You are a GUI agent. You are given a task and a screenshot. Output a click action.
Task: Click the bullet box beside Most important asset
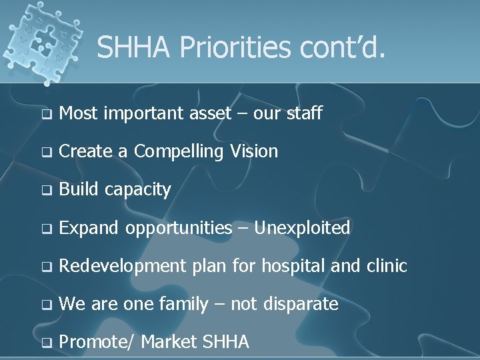point(45,115)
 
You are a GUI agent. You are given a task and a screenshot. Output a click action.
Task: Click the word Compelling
point(179,152)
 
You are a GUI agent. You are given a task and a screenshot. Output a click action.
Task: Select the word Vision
point(253,151)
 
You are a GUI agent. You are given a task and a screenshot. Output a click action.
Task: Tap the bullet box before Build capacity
point(45,191)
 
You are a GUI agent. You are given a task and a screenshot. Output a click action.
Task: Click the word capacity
point(138,190)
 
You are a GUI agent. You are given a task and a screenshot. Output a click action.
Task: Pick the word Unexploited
point(302,228)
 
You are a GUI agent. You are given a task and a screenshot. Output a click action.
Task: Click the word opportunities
point(178,229)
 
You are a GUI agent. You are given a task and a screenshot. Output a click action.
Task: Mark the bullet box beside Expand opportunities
point(45,229)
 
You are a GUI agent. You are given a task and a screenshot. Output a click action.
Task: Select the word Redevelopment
point(123,267)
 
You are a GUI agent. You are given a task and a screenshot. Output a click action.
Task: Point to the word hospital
point(293,266)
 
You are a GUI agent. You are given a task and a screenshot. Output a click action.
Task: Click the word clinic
point(387,266)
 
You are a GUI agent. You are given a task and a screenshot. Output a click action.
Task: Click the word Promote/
point(97,343)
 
